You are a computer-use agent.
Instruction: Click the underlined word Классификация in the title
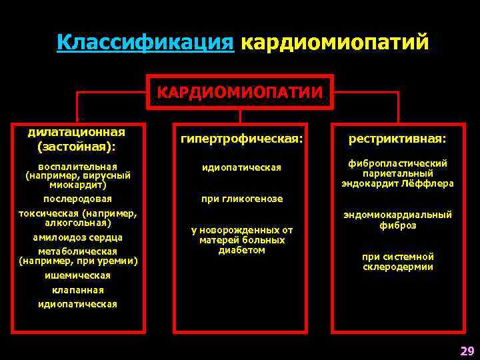point(145,43)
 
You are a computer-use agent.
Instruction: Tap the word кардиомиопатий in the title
point(334,43)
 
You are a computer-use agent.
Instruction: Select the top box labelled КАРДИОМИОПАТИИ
point(240,91)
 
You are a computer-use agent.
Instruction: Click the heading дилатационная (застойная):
point(77,139)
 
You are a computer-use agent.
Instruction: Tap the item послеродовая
point(77,199)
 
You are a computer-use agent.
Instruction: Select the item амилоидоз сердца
point(78,237)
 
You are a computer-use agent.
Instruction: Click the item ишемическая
point(77,275)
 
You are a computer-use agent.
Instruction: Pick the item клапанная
point(77,290)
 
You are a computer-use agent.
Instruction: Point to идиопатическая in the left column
point(77,304)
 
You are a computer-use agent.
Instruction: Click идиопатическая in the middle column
point(241,167)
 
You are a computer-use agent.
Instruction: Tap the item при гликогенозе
point(241,199)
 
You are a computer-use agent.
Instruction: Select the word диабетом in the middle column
point(241,251)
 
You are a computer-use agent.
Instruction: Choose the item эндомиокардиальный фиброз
point(397,220)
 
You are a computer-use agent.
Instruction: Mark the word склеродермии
point(397,267)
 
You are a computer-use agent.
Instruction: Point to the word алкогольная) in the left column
point(77,223)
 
